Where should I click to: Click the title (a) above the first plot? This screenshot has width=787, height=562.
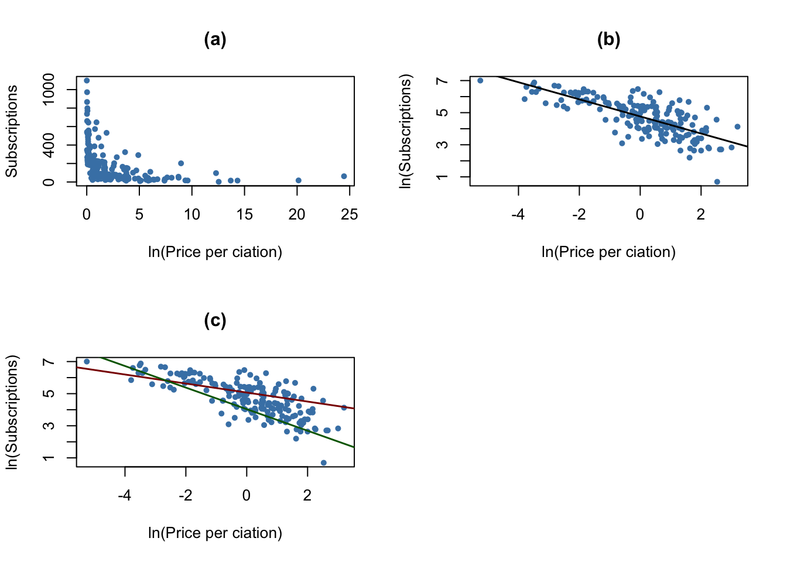click(215, 40)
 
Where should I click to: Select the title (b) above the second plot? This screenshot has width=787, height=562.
click(608, 40)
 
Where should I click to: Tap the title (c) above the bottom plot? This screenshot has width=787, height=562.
click(215, 321)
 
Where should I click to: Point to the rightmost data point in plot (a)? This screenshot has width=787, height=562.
click(344, 176)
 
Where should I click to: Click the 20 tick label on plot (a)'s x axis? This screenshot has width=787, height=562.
click(297, 215)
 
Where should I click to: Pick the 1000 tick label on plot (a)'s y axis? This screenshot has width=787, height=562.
click(49, 90)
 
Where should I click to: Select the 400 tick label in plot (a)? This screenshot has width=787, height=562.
click(49, 145)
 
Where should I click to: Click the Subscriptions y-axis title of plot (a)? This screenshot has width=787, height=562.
click(12, 131)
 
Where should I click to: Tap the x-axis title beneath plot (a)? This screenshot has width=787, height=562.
click(215, 252)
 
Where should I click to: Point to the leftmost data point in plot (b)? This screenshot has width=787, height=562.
click(480, 81)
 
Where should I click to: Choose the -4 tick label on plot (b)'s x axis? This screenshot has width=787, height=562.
click(518, 215)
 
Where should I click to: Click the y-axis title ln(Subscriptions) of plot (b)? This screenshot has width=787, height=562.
click(405, 131)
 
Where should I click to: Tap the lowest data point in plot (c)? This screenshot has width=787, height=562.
click(323, 462)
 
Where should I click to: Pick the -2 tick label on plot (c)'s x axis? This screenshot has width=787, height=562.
click(186, 496)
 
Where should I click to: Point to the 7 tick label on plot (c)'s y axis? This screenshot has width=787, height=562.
click(49, 362)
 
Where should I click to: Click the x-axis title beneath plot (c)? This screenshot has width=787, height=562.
click(215, 533)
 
